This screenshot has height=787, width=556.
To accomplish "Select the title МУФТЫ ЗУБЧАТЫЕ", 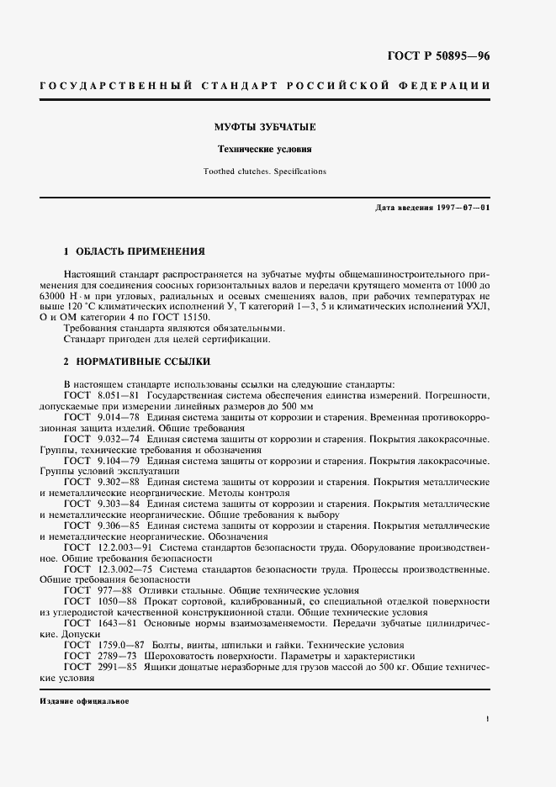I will pos(264,127).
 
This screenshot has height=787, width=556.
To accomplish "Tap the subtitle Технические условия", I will pos(264,149).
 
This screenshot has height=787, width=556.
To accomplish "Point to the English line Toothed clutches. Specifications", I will pos(264,171).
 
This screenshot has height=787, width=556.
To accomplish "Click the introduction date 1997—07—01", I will pos(459,207).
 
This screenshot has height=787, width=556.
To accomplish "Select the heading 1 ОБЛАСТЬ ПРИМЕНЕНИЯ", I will pos(134,251).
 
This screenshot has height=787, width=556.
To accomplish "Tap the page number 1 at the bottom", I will pos(488,719).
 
